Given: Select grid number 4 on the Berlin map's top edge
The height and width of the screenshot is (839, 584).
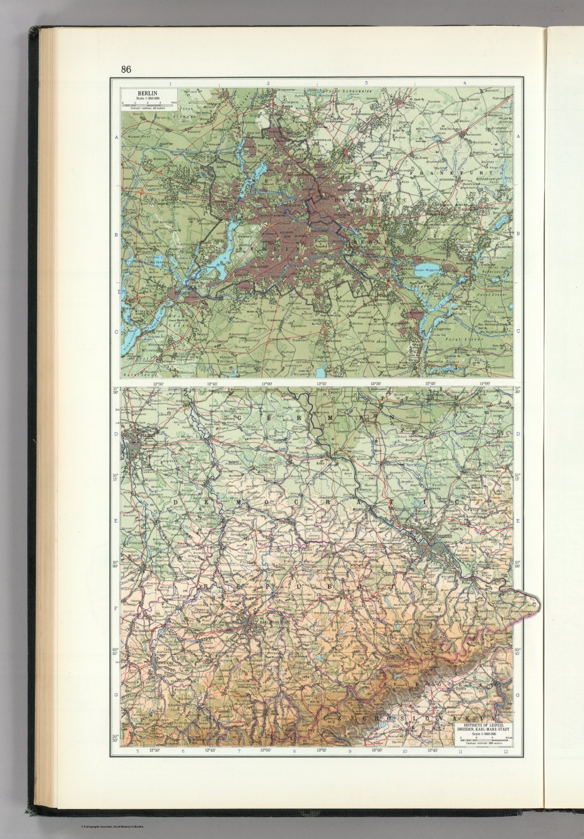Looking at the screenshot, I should pyautogui.click(x=464, y=83).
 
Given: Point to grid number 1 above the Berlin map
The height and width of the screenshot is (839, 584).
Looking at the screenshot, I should pyautogui.click(x=170, y=83).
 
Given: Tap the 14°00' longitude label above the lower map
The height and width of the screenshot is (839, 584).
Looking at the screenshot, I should pyautogui.click(x=484, y=384).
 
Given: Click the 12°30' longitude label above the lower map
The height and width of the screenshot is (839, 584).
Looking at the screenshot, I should pyautogui.click(x=158, y=384).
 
